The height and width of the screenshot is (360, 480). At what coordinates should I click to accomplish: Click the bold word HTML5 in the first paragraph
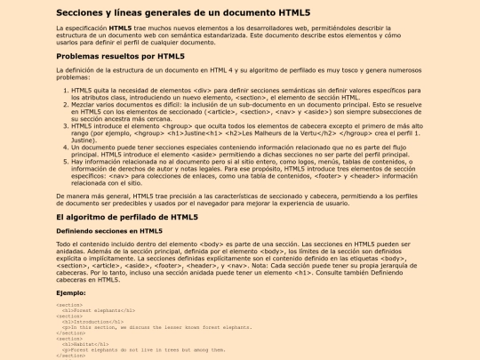(x=122, y=28)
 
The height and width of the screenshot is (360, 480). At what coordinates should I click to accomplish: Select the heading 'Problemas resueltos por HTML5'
(x=119, y=56)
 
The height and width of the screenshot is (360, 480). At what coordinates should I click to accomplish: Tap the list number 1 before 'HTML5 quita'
(x=66, y=91)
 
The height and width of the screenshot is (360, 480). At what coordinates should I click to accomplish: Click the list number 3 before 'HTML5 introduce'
(x=66, y=127)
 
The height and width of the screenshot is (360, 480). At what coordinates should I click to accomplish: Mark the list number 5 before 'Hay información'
(x=66, y=164)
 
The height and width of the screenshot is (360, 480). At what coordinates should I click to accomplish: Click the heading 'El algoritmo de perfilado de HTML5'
(x=127, y=217)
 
